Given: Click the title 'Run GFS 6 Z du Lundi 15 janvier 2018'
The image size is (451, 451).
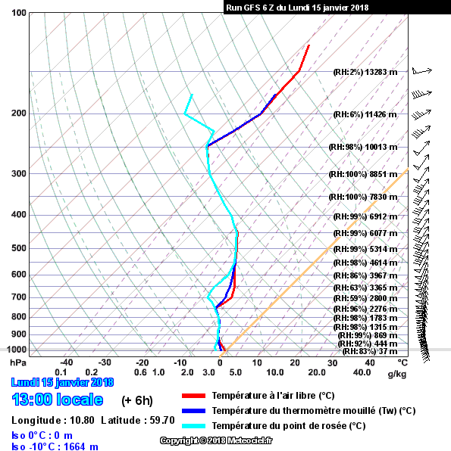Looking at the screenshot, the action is click(297, 8).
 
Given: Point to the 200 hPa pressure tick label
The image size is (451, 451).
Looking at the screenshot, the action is click(19, 113).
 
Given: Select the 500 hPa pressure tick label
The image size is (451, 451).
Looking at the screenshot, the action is click(19, 248).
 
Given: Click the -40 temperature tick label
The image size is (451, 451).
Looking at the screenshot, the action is click(66, 362).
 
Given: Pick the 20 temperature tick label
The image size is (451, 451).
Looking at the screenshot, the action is click(295, 362).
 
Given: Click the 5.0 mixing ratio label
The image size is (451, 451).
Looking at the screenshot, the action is click(236, 372).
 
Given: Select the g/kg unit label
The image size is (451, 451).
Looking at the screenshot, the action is click(397, 374).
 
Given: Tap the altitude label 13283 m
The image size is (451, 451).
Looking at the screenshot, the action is click(381, 72).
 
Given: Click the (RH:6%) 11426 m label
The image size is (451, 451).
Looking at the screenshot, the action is click(365, 114).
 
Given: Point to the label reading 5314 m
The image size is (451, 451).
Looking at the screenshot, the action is click(381, 249).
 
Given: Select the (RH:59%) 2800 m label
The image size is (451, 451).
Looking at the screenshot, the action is click(365, 298).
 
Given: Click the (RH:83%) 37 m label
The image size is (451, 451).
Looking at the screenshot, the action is click(370, 351).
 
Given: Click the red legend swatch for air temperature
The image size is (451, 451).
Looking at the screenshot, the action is click(193, 396).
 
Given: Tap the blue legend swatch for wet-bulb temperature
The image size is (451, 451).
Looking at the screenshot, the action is click(193, 411).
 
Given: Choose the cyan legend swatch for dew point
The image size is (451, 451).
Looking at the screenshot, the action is click(193, 426).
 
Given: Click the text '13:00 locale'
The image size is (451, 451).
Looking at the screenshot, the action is click(58, 400).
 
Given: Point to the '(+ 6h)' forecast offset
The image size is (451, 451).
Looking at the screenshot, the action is click(137, 400).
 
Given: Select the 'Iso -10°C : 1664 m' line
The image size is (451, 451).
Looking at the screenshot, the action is click(55, 446).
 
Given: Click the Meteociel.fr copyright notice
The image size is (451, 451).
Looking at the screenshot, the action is click(216, 440).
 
